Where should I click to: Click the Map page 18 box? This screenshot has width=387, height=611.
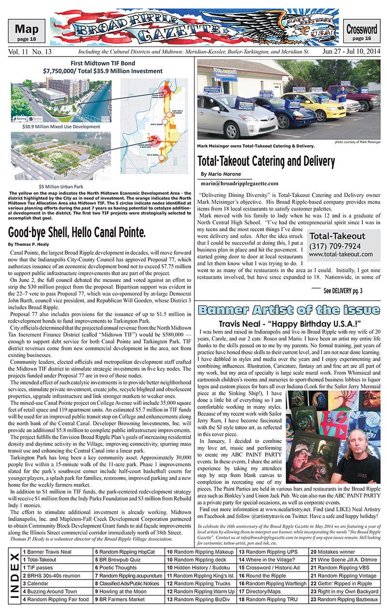coord(30,32)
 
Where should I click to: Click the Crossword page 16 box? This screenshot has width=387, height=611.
coord(361,32)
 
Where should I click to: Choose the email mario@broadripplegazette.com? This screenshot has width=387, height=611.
coord(239,183)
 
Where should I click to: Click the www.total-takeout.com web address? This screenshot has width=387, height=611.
coord(341,254)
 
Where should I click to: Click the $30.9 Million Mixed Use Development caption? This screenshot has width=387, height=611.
coord(61,126)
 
